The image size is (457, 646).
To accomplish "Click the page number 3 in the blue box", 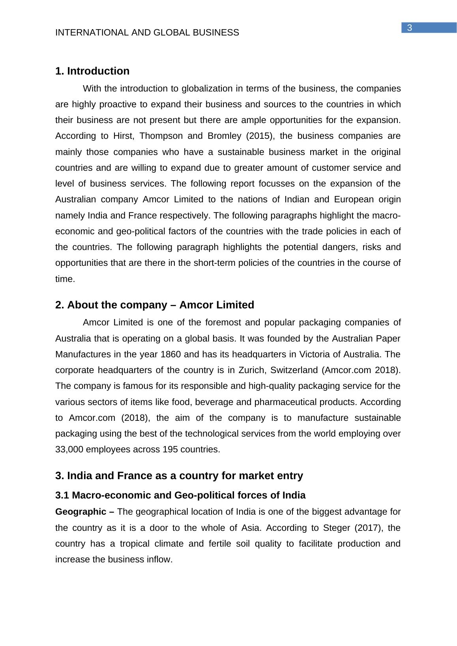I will (x=410, y=28).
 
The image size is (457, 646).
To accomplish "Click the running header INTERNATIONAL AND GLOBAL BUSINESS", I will (x=147, y=33).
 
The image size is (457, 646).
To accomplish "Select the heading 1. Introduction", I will (x=92, y=71).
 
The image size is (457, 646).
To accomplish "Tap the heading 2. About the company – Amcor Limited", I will (x=155, y=305).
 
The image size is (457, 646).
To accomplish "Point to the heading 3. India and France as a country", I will (x=179, y=476).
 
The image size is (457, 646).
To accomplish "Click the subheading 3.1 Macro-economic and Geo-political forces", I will (x=180, y=495).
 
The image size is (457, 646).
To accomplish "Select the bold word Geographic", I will (x=81, y=512).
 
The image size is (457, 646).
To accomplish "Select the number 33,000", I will (x=69, y=450).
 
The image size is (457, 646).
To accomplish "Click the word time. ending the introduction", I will (x=65, y=279).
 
